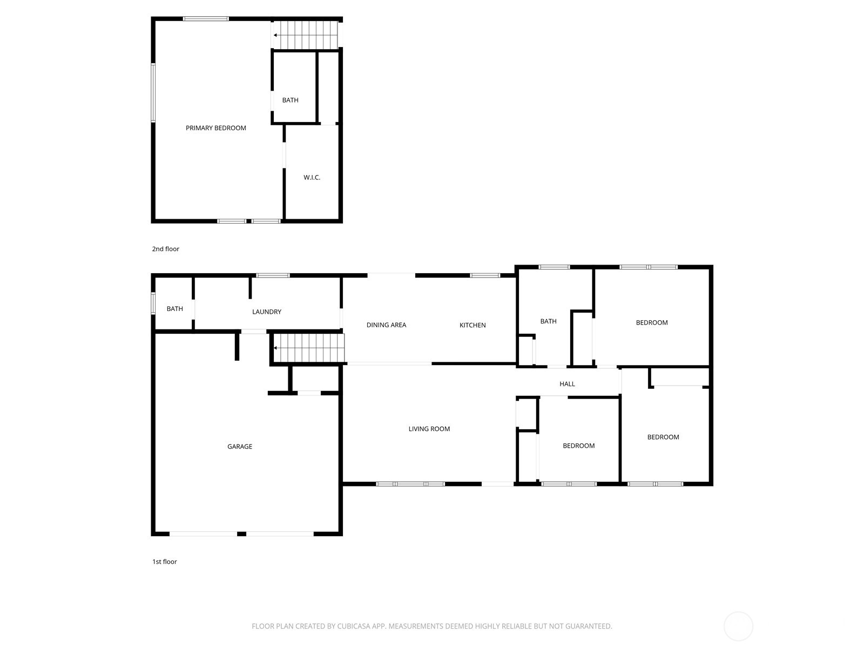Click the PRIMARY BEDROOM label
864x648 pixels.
[x=215, y=128]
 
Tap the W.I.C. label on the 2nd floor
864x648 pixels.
[x=312, y=177]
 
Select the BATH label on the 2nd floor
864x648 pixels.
[x=290, y=100]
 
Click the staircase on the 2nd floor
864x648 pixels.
[x=306, y=35]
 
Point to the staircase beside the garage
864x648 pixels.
[x=309, y=348]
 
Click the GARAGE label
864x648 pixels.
[x=239, y=447]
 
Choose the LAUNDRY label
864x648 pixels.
[x=266, y=312]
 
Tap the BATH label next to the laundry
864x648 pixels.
[x=174, y=309]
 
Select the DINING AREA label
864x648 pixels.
[x=386, y=325]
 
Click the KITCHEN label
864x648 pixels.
[x=473, y=325]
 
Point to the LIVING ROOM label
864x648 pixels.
[x=429, y=429]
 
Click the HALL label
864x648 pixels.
[x=567, y=384]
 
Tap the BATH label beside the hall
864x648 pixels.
[x=548, y=321]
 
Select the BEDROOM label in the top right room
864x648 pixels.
[x=651, y=322]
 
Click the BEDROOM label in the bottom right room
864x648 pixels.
[x=663, y=437]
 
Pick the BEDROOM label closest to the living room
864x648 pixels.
[x=578, y=446]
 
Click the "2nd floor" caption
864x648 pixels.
[x=165, y=249]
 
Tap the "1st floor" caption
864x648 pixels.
[x=164, y=562]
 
